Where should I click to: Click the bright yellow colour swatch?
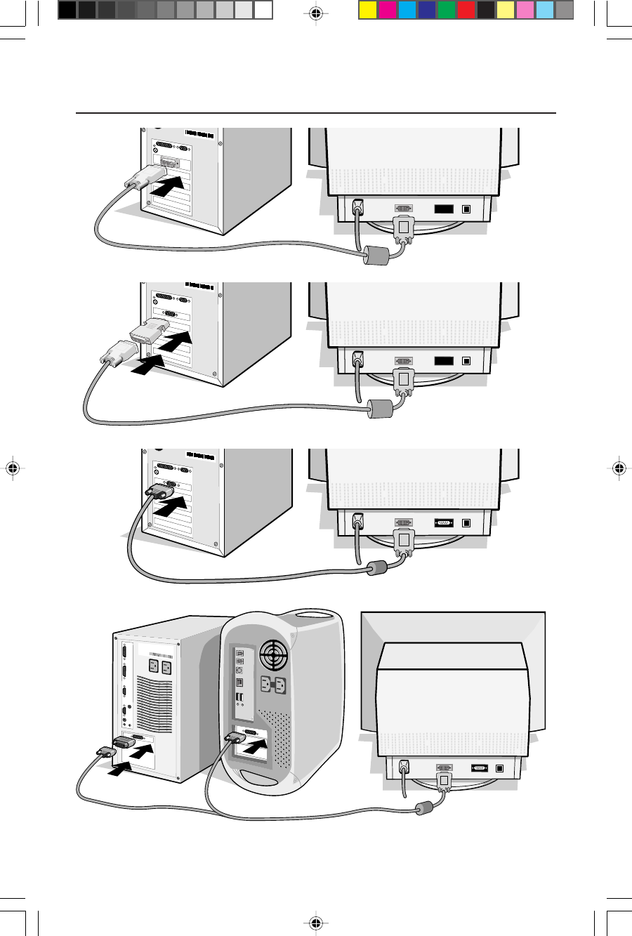(368, 10)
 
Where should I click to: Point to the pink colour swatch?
(525, 10)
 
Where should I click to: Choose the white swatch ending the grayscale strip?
(263, 10)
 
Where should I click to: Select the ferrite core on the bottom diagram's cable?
(423, 808)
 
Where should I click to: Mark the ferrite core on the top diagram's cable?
(376, 256)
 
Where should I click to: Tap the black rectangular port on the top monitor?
(443, 209)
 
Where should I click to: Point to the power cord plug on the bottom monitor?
(404, 767)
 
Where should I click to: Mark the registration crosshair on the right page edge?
(619, 468)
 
